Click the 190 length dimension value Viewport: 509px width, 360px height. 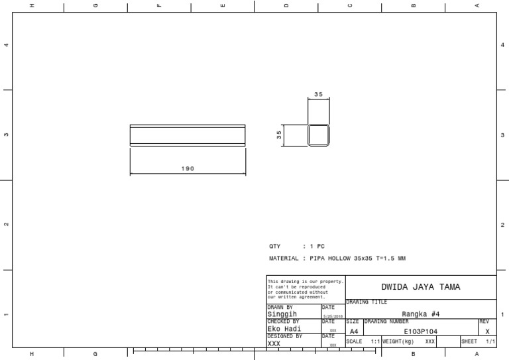188,168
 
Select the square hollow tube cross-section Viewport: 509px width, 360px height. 318,135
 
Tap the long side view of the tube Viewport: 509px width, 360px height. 188,135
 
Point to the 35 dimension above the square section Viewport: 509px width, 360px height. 318,95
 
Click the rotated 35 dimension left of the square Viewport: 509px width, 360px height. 279,135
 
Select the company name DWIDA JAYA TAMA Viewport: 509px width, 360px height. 420,287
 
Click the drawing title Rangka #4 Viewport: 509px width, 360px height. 421,314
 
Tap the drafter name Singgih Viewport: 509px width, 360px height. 282,314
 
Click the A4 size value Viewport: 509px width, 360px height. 353,331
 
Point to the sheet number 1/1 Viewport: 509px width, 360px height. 490,341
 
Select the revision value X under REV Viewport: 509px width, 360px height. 487,331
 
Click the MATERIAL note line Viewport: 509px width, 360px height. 337,258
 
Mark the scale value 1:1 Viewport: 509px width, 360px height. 374,341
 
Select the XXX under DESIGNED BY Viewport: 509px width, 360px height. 274,343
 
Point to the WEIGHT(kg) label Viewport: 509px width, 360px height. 398,341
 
